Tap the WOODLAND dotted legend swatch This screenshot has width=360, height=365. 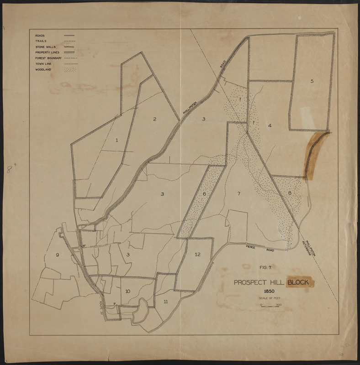70,70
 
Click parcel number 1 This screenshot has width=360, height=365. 116,140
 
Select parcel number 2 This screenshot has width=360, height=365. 155,119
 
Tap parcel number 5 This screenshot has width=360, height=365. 312,81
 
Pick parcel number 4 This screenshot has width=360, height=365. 270,125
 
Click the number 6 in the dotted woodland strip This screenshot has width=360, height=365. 205,194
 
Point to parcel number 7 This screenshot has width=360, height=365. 238,194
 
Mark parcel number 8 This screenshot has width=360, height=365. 290,194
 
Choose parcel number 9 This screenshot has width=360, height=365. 57,255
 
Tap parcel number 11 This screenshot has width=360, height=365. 165,301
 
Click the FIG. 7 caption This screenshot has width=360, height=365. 265,270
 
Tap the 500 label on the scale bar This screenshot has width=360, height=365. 278,305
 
